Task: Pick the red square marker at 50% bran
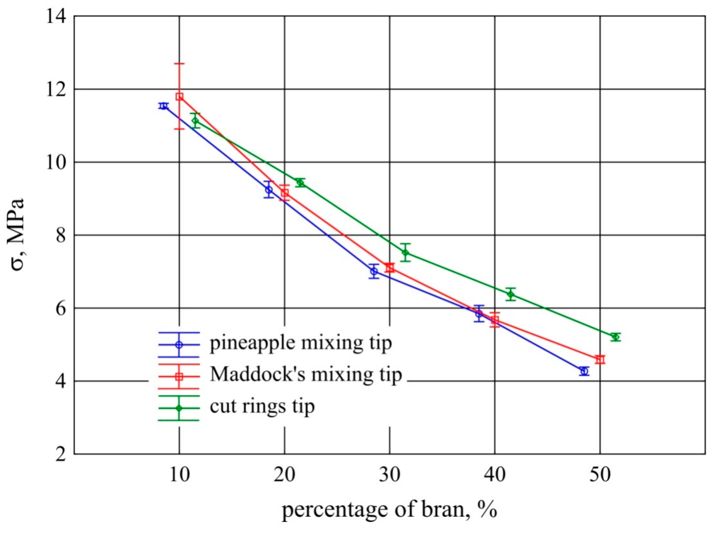pyautogui.click(x=600, y=359)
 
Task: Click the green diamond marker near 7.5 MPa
pyautogui.click(x=406, y=252)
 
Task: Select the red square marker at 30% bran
pyautogui.click(x=390, y=268)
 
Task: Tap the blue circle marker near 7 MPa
pyautogui.click(x=374, y=271)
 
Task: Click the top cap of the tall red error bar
pyautogui.click(x=179, y=64)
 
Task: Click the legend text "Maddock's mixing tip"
pyautogui.click(x=306, y=375)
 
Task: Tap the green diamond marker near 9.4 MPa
pyautogui.click(x=300, y=183)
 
